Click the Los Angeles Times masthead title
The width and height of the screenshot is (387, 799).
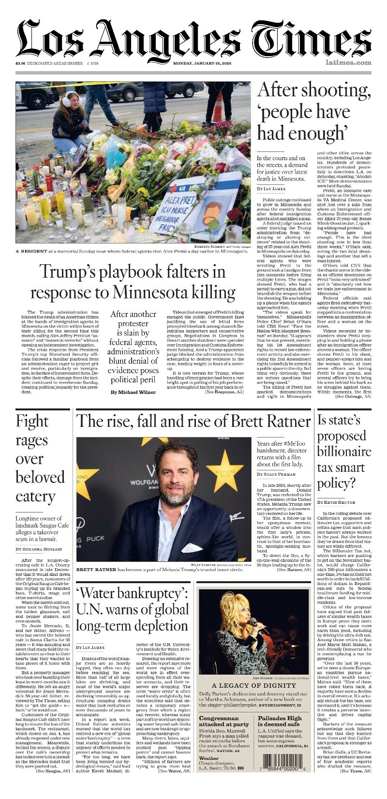(193, 39)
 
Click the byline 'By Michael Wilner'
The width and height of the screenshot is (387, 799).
(133, 392)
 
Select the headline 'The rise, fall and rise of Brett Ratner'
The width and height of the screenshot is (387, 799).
(193, 421)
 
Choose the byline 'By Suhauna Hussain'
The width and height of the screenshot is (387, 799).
(39, 549)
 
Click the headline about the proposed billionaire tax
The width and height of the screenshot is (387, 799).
(344, 452)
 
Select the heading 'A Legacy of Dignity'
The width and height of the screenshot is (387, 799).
(253, 685)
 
